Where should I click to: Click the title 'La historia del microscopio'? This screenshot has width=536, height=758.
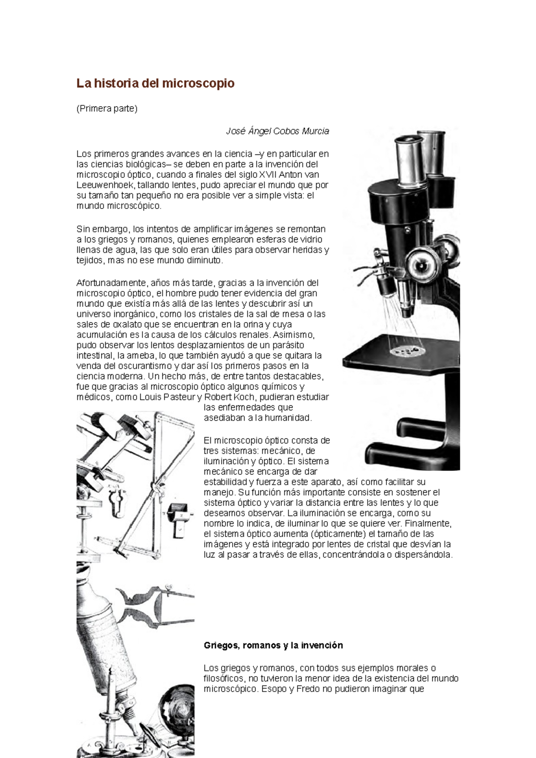155,83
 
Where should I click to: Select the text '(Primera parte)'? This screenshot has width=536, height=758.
107,108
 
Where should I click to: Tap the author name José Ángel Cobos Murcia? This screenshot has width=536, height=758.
277,131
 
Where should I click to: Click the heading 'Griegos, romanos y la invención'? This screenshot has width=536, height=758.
273,646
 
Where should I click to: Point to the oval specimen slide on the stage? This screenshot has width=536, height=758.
406,353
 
